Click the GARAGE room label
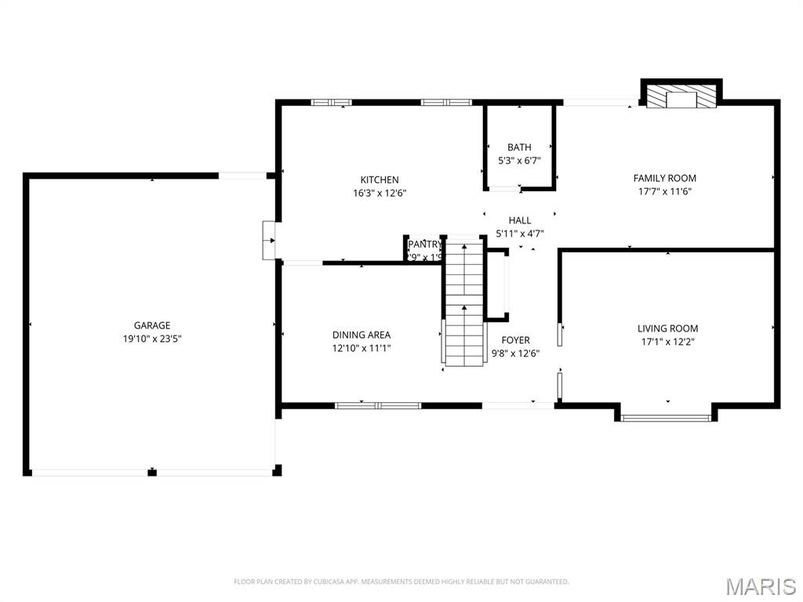tap(151, 325)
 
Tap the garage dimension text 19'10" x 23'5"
tap(151, 339)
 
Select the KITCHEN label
tap(380, 180)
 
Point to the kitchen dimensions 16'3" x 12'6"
tap(380, 193)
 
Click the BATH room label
tap(519, 147)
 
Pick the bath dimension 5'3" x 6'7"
tap(519, 161)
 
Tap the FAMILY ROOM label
tap(665, 178)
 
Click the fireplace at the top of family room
tap(681, 96)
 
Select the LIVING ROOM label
tap(667, 328)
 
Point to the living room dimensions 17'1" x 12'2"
tap(667, 342)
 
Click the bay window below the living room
tap(667, 417)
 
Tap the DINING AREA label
tap(362, 335)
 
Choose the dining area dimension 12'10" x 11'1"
tap(362, 348)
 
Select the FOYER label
tap(515, 340)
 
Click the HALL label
tap(519, 220)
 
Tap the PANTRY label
tap(424, 245)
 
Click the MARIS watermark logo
tap(761, 586)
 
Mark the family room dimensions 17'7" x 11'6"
tap(665, 191)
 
